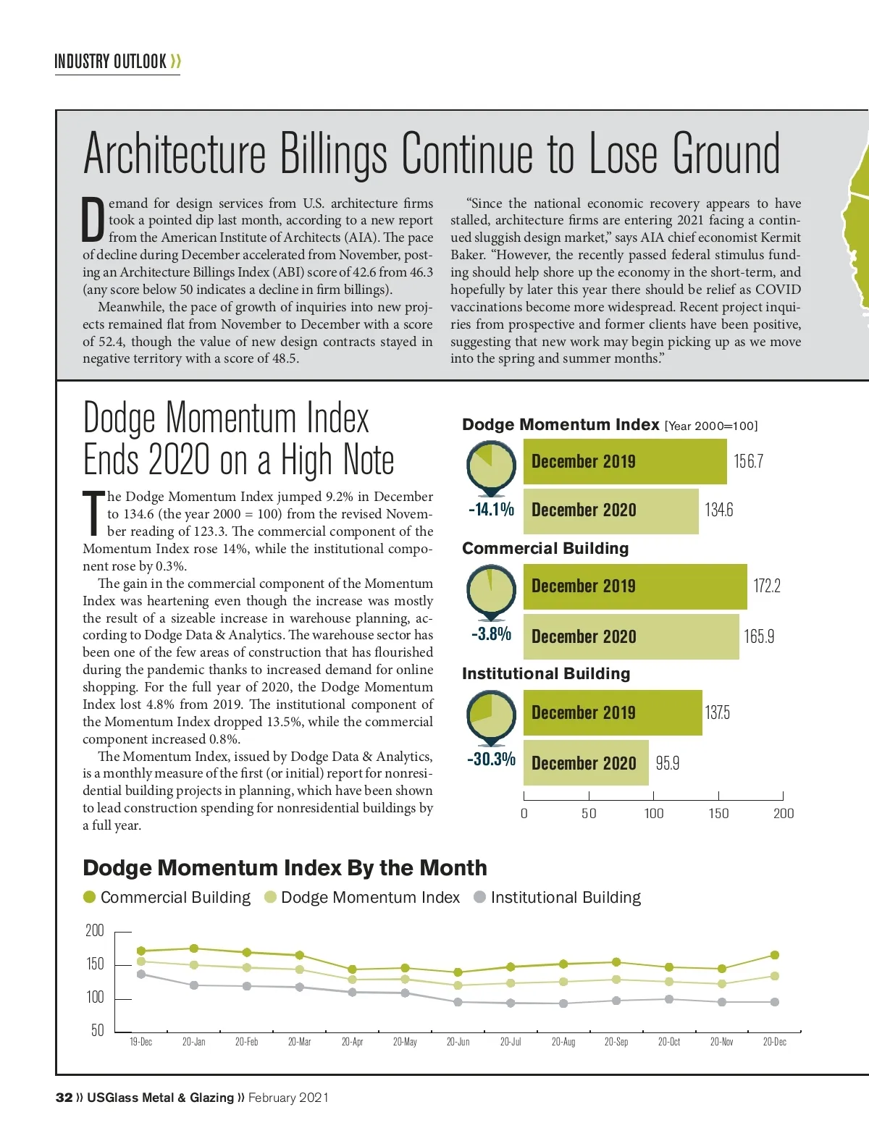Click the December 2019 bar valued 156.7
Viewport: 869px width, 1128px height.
pos(624,461)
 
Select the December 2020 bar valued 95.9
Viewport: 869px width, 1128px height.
pos(585,763)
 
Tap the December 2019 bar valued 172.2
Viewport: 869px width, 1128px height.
pos(634,586)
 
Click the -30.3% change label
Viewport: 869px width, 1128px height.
pos(491,759)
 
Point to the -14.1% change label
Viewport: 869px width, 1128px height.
pos(491,510)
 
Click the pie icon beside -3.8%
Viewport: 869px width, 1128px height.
pos(491,589)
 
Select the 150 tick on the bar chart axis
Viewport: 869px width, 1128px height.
pos(718,813)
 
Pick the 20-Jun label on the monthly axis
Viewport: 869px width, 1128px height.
pos(458,1042)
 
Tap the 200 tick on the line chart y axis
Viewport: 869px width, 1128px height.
pos(95,931)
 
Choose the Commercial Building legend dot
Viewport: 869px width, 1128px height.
pos(90,898)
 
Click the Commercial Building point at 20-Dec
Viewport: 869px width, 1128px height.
pos(775,955)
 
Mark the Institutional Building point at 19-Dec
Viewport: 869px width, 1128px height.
pos(141,974)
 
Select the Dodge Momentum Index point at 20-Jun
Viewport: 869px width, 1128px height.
pos(458,985)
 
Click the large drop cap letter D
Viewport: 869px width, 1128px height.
pos(93,220)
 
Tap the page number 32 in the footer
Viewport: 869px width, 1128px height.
pos(64,1098)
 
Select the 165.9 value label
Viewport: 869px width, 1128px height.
pos(759,636)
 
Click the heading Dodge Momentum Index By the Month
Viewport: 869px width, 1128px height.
pos(285,867)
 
